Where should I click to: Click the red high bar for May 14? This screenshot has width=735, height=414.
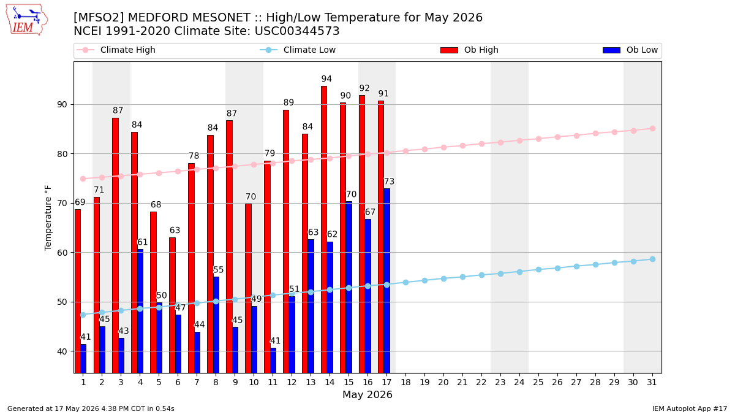tap(324, 229)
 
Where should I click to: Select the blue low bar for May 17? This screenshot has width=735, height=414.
tap(387, 281)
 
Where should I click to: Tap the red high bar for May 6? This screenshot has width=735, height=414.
tap(172, 305)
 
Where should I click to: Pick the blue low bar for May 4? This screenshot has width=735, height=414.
tap(140, 311)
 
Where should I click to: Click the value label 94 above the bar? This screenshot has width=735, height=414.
tap(326, 79)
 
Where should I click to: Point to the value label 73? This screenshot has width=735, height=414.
tap(389, 182)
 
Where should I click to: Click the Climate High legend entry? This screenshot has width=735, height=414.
tap(116, 50)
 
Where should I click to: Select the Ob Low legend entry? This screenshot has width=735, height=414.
tap(630, 50)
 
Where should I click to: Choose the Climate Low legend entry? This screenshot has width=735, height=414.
tap(298, 50)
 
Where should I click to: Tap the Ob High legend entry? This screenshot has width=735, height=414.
tap(469, 50)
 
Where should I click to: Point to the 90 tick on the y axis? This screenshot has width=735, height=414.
tap(62, 104)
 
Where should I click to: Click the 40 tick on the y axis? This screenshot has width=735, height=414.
tap(62, 351)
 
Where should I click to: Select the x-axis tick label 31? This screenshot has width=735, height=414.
tap(652, 382)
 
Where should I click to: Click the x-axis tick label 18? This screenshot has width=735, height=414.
tap(406, 382)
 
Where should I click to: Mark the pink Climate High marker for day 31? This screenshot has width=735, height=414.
tap(653, 128)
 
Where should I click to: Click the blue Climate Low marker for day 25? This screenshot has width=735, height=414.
tap(538, 269)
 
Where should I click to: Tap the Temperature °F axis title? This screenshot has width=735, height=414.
tap(48, 218)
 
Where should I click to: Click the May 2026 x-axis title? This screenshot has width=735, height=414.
tap(367, 394)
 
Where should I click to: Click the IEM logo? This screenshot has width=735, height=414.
tap(27, 20)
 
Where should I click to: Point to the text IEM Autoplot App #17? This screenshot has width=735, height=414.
tap(690, 408)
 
